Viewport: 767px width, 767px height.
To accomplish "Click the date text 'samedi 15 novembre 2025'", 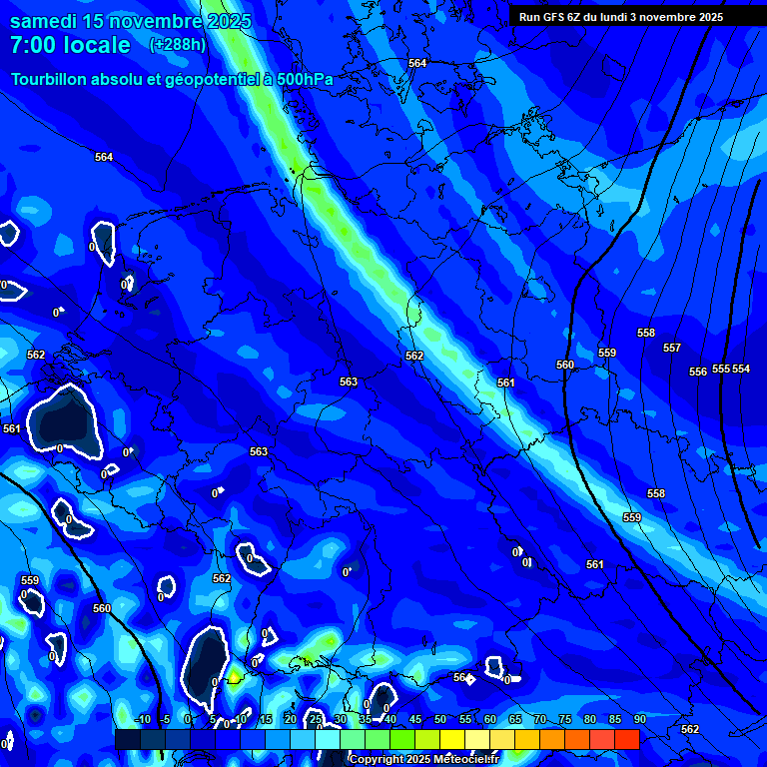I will [130, 21].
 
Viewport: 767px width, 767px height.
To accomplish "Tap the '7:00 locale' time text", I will [70, 46].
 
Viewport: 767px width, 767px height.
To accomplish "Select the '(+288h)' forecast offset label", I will [179, 45].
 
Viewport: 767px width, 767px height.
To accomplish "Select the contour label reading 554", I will [741, 370].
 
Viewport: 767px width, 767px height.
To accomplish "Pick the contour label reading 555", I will [720, 370].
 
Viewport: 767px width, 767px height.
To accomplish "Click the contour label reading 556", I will [698, 373].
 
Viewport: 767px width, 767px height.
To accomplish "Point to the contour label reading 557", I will [672, 349].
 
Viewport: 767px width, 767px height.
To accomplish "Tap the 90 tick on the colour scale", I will [639, 720].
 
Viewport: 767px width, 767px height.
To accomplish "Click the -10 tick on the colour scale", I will [141, 720].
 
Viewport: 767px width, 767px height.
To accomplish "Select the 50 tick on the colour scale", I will [440, 720].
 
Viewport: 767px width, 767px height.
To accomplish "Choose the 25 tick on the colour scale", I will [316, 720].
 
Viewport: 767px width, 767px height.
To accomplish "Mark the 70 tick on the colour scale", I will [540, 720].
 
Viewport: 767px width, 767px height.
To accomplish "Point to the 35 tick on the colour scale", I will [366, 720].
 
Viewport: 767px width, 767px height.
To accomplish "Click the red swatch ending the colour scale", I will [626, 739].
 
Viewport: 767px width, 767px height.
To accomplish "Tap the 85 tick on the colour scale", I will [615, 720].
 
